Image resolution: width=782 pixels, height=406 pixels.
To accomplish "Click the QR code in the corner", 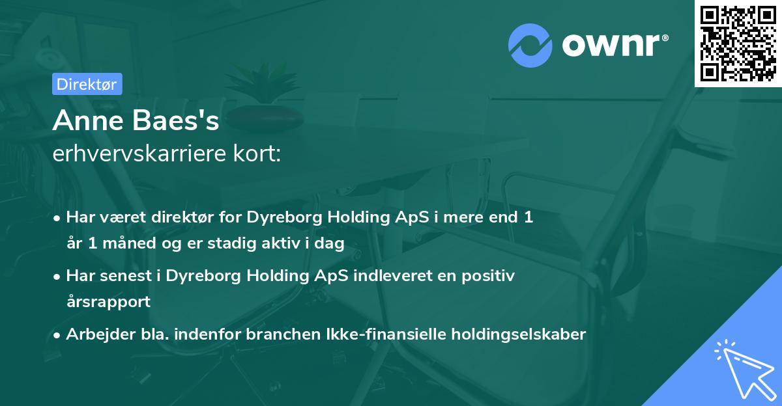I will (x=738, y=44).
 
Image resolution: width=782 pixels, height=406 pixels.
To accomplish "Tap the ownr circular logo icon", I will (x=530, y=44).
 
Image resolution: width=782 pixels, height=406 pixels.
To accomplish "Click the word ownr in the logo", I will (x=612, y=44).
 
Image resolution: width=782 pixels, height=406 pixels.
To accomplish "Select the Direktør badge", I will (x=87, y=84).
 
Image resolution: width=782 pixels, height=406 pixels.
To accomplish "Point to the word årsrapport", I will (x=108, y=301).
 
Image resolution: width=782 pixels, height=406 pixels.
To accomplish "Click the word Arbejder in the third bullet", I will (x=94, y=334).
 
